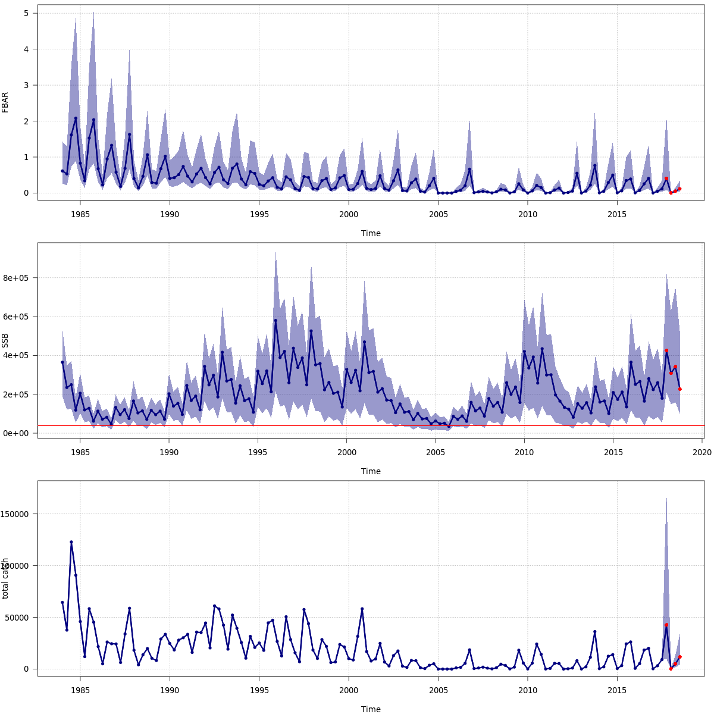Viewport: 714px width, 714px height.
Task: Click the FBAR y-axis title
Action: (5, 102)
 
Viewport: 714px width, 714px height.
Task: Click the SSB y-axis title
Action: (5, 340)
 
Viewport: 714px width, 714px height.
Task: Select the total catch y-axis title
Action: (5, 578)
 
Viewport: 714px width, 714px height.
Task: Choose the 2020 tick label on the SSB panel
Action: (702, 452)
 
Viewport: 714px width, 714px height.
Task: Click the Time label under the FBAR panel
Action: (371, 233)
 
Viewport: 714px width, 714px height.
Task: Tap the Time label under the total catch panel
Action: (371, 709)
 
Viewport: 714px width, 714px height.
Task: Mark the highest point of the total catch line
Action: (71, 542)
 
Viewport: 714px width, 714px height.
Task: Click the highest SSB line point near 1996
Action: (275, 321)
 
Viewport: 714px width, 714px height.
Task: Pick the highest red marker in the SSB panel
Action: (666, 350)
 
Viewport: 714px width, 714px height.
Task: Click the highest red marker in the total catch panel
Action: (666, 625)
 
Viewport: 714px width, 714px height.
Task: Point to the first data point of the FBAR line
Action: (62, 171)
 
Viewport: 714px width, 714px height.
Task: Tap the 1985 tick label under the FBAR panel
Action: (80, 214)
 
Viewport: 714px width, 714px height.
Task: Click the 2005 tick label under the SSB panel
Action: (436, 452)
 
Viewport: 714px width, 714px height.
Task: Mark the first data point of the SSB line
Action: (62, 362)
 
